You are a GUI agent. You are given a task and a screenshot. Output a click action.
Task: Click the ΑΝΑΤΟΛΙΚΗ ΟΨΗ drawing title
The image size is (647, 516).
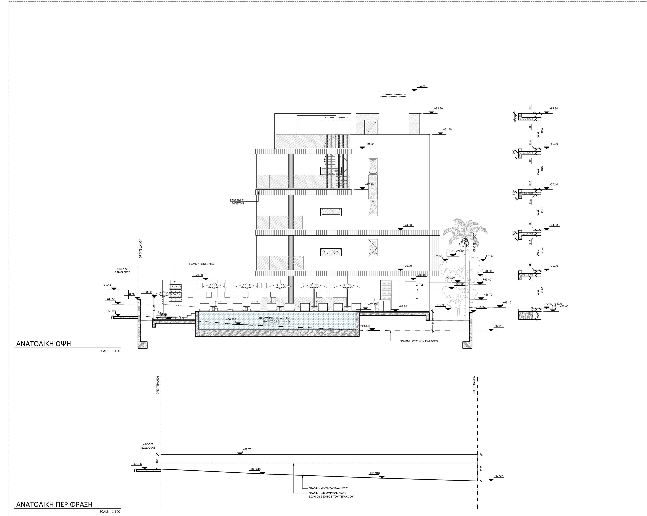(43, 344)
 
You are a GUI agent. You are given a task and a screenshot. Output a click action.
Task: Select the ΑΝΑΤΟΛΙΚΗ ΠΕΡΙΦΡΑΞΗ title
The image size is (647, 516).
(54, 504)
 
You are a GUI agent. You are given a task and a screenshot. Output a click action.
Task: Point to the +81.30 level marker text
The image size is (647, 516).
(447, 130)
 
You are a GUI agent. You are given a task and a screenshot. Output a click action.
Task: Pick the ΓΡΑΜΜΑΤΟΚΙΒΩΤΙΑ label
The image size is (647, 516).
(201, 264)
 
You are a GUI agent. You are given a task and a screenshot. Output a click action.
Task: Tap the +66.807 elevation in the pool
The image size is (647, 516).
(231, 320)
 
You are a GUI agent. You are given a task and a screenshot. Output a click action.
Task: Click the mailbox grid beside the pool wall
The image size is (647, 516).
(176, 292)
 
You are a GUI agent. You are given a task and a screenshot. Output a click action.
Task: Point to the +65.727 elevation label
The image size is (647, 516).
(498, 476)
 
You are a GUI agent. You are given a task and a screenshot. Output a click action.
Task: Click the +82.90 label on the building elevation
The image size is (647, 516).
(438, 109)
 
